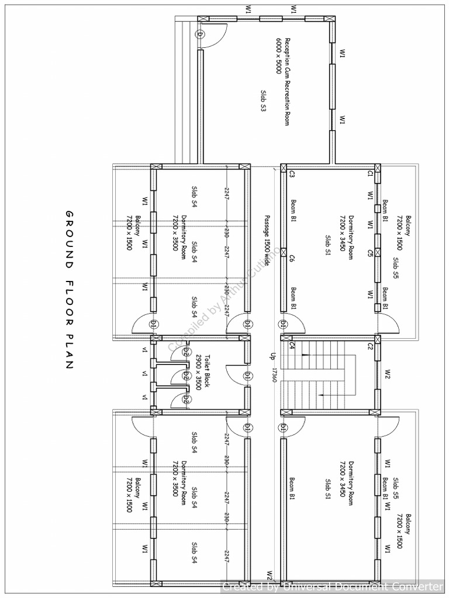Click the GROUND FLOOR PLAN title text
[x=69, y=289]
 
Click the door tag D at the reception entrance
[x=200, y=34]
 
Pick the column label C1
[x=369, y=174]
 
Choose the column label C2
[x=369, y=347]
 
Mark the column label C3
[x=291, y=174]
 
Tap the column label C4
[x=291, y=346]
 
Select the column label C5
[x=369, y=253]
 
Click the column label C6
[x=291, y=259]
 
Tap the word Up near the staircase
[x=272, y=356]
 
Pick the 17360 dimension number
[x=272, y=375]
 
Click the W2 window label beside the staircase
[x=388, y=374]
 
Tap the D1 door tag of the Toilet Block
[x=247, y=375]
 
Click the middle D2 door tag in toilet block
[x=186, y=375]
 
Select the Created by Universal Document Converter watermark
[x=333, y=586]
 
